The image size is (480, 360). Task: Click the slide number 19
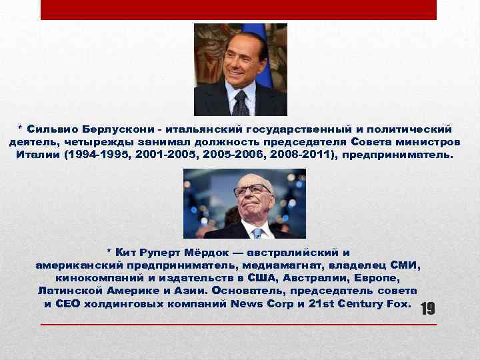pos(427,309)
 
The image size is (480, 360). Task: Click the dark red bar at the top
pos(239,9)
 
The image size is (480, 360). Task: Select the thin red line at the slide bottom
pos(239,324)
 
